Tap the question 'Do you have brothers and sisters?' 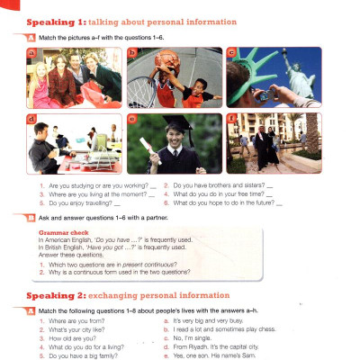216,185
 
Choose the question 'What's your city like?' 81,303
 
